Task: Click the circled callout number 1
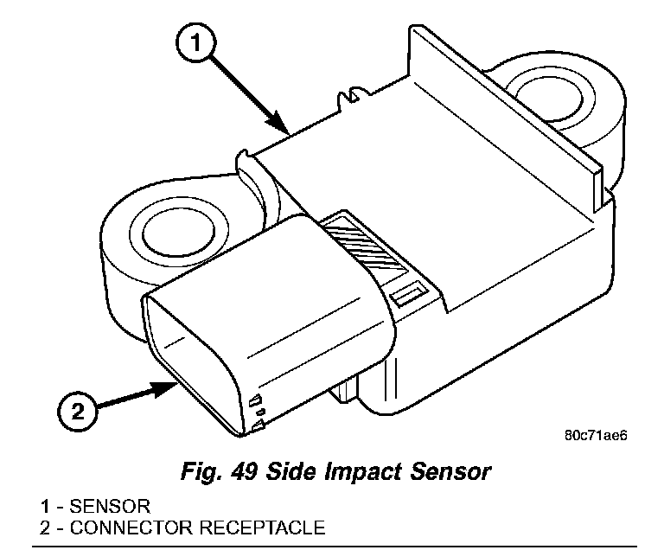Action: pyautogui.click(x=195, y=42)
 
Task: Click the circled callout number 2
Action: pyautogui.click(x=78, y=411)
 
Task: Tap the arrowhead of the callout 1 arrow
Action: pyautogui.click(x=280, y=124)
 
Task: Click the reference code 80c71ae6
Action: pyautogui.click(x=596, y=435)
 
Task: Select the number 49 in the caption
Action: pyautogui.click(x=244, y=471)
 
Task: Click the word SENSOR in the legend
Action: pyautogui.click(x=110, y=507)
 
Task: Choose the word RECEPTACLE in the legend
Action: pyautogui.click(x=262, y=528)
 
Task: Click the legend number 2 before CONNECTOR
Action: pyautogui.click(x=45, y=528)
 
